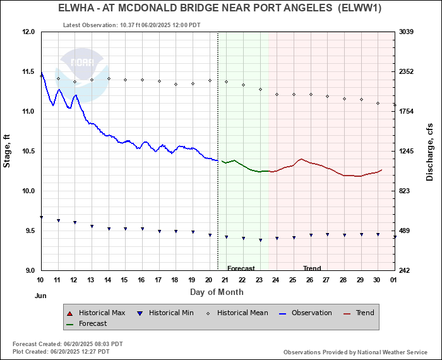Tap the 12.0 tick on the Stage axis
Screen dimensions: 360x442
point(28,32)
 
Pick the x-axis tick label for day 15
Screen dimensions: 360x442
point(124,280)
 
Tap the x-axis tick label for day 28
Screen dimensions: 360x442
point(343,280)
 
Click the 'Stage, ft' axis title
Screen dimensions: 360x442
point(7,151)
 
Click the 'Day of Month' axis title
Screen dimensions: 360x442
point(217,292)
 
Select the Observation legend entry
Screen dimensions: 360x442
point(306,313)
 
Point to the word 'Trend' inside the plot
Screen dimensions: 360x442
point(312,268)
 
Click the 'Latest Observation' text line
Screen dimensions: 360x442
point(132,25)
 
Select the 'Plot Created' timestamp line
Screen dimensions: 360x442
point(68,351)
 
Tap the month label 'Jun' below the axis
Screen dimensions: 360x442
point(40,296)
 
